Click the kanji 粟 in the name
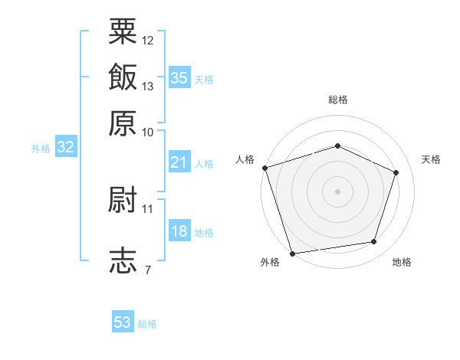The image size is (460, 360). [123, 31]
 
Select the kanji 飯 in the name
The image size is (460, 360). [123, 77]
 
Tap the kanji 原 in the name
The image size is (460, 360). [123, 123]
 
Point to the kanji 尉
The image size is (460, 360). [123, 199]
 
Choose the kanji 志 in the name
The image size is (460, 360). [123, 260]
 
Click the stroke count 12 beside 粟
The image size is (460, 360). [147, 41]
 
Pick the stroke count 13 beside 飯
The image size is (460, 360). [147, 87]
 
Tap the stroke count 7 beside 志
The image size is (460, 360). [148, 270]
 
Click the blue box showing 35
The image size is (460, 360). [179, 77]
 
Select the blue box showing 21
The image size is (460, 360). [179, 162]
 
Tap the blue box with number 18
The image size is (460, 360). [179, 230]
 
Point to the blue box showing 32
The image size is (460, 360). [66, 146]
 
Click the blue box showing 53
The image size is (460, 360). [123, 321]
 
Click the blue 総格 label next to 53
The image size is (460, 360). [147, 324]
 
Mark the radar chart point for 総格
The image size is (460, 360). [337, 146]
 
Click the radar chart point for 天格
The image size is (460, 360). [396, 172]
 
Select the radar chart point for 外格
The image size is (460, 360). [292, 254]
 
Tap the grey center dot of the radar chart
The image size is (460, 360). [337, 191]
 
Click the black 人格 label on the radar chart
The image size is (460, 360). [245, 159]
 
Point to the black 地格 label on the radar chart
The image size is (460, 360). [402, 262]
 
